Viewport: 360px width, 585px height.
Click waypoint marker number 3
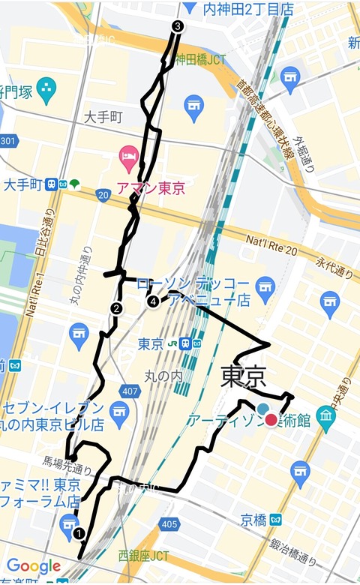(x=177, y=26)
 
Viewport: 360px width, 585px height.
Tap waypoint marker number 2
(x=116, y=307)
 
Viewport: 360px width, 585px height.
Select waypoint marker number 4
(x=153, y=301)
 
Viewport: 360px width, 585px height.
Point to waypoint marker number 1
(x=79, y=533)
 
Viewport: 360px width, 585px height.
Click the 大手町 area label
(x=103, y=117)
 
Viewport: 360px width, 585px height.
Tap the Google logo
(x=34, y=565)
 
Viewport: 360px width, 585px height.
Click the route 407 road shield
(x=130, y=391)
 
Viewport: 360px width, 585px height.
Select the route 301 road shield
(x=7, y=141)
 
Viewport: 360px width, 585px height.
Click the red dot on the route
(x=271, y=420)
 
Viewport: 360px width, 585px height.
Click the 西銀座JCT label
(x=143, y=556)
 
